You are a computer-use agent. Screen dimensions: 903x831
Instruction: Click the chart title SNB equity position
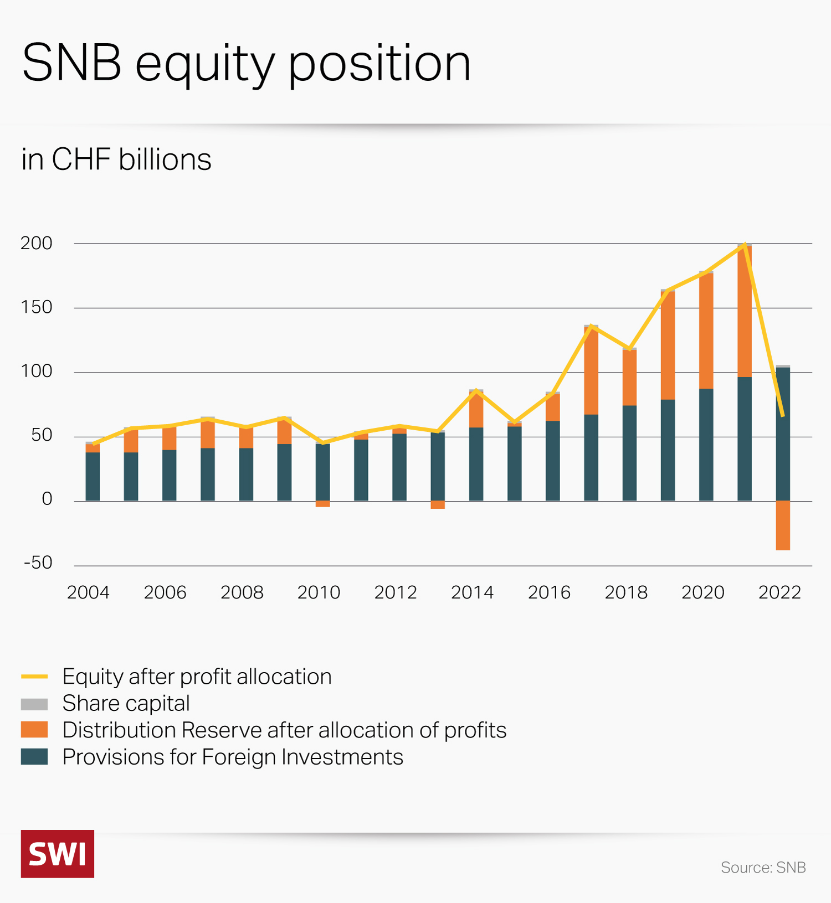pyautogui.click(x=247, y=64)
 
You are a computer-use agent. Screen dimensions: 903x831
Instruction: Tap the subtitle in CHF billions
pyautogui.click(x=116, y=159)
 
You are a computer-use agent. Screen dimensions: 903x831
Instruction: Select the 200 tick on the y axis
pyautogui.click(x=37, y=243)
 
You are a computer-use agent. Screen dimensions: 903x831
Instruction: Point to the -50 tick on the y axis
pyautogui.click(x=38, y=563)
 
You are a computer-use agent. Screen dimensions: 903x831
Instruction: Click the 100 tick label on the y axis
pyautogui.click(x=37, y=371)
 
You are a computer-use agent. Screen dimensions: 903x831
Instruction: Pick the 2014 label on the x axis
pyautogui.click(x=472, y=592)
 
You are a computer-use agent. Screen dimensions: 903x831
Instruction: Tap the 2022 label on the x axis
pyautogui.click(x=779, y=592)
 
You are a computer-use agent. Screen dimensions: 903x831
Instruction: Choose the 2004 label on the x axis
pyautogui.click(x=88, y=592)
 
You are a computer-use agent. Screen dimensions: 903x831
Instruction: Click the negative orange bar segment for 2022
pyautogui.click(x=783, y=525)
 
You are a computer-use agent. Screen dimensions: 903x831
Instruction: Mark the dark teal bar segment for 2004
pyautogui.click(x=93, y=477)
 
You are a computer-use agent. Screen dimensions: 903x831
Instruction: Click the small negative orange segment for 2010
pyautogui.click(x=322, y=504)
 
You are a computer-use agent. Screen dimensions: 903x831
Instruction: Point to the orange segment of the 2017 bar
pyautogui.click(x=591, y=371)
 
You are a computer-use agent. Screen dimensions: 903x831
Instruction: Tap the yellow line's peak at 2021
pyautogui.click(x=745, y=244)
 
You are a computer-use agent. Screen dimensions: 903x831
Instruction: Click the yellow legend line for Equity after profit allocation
pyautogui.click(x=34, y=677)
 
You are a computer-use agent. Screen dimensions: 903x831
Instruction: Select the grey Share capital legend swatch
pyautogui.click(x=34, y=704)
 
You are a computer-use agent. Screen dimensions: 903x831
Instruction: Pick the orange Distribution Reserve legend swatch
pyautogui.click(x=34, y=730)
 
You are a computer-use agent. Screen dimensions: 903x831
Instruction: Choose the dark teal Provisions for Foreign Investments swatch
pyautogui.click(x=34, y=757)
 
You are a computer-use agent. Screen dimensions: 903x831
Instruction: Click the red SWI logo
pyautogui.click(x=58, y=854)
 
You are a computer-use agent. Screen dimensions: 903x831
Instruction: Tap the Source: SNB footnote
pyautogui.click(x=763, y=868)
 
